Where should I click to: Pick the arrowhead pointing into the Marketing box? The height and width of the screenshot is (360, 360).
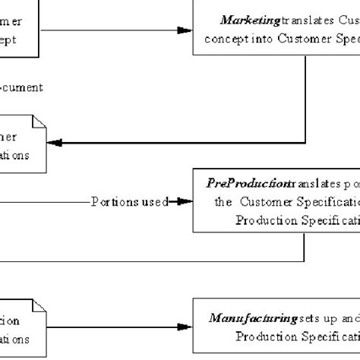tap(184, 30)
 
